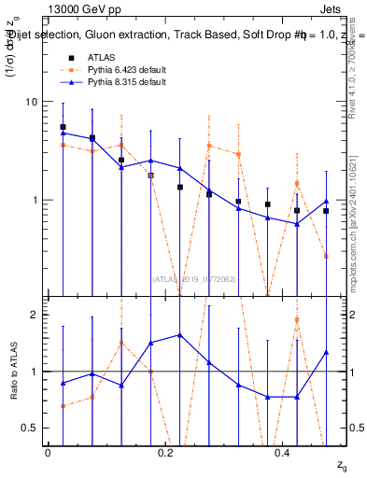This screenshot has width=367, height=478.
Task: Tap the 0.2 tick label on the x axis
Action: pyautogui.click(x=165, y=452)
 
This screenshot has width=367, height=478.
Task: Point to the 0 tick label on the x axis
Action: pyautogui.click(x=48, y=452)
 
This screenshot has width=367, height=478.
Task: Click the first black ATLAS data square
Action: pyautogui.click(x=63, y=127)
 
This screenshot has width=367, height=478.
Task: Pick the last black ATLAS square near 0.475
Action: pyautogui.click(x=326, y=211)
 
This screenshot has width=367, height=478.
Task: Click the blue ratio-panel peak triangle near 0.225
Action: pyautogui.click(x=179, y=334)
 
